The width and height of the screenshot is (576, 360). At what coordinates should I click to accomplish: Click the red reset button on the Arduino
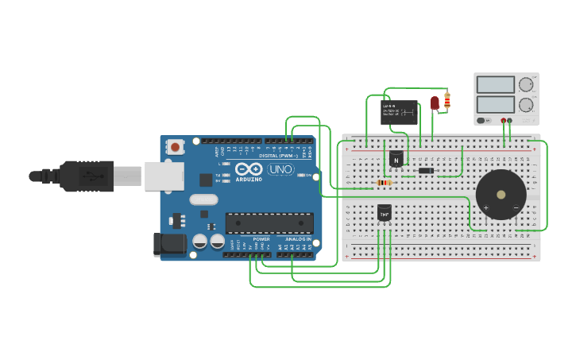pos(175,146)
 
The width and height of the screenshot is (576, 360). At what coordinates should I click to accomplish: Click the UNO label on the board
pos(280,169)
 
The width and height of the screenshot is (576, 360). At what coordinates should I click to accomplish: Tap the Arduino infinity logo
pos(249,168)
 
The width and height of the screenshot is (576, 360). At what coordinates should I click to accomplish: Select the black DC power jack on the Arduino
pos(169,244)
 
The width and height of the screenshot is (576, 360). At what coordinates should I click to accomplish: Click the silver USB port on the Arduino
pos(164,176)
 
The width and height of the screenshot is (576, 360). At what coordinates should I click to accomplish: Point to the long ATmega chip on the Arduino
pos(264,223)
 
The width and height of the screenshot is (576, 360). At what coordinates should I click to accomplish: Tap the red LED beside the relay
pos(435,103)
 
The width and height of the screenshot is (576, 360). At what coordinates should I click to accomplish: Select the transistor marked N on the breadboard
pos(396,159)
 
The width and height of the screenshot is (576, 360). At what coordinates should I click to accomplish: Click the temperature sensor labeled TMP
pos(385,212)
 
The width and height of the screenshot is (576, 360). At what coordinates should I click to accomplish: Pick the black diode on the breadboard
pos(426,170)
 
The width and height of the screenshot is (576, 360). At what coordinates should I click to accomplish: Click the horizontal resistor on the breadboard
pos(384,183)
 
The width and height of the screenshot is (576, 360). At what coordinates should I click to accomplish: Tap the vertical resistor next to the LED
pos(447,100)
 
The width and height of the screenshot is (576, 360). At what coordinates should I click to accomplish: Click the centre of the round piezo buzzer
pos(501,194)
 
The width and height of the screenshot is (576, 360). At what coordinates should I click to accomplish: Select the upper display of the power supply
pos(495,85)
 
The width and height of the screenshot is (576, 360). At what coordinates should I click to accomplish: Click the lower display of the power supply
pos(495,104)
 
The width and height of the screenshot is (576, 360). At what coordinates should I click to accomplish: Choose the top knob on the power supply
pos(525,84)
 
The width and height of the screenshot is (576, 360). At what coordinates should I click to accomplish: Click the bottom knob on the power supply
pos(525,105)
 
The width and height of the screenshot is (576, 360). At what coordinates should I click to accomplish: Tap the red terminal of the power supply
pos(503,121)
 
